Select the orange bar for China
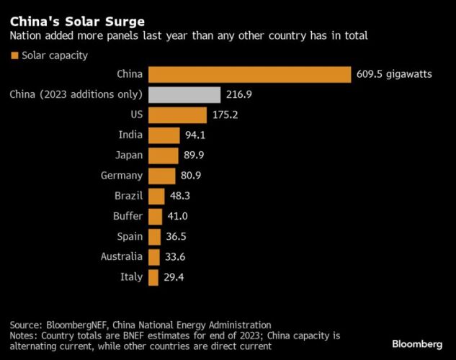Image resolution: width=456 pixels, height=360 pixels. coord(249,74)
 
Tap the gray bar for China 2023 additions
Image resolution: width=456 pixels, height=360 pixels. coord(184,94)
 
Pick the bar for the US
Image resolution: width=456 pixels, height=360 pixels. coord(177,115)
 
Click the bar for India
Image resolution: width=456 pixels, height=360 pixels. coord(164,135)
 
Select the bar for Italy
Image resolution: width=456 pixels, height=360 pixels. coord(153,277)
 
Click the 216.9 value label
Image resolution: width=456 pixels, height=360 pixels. coord(239,94)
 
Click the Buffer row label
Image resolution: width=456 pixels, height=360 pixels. coord(127,216)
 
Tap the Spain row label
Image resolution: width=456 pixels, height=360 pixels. coord(129,236)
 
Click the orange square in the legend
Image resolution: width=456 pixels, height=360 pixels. coord(14,55)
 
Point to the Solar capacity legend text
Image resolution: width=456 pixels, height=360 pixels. coord(55,55)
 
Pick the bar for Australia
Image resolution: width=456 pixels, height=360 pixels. coord(153,257)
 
